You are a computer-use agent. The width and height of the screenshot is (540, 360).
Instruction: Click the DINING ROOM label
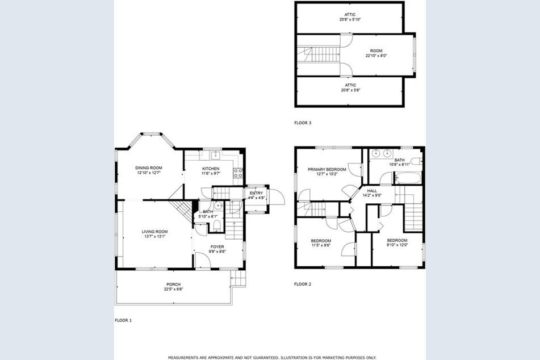pos(149,168)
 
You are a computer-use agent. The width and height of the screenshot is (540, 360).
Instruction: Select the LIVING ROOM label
pos(154,231)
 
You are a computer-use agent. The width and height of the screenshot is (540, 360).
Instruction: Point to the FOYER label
pos(217,246)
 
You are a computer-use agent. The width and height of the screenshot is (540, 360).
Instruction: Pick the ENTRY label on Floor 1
pos(255,194)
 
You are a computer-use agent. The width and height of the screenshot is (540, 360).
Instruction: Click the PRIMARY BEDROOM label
pos(326,169)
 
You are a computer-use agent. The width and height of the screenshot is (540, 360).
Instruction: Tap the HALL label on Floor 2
pos(372,191)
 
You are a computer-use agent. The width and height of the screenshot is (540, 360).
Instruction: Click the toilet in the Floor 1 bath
pos(216,226)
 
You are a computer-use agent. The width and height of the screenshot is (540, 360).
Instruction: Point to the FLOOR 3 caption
pos(303,123)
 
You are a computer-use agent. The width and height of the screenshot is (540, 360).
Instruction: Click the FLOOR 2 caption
pos(303,284)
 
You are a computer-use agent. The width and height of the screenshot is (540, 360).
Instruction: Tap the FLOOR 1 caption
pos(123,320)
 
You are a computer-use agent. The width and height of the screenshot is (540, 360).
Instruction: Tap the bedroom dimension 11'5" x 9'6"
pos(321,245)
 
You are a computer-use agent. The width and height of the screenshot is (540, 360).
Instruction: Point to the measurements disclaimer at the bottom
pos(272,357)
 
